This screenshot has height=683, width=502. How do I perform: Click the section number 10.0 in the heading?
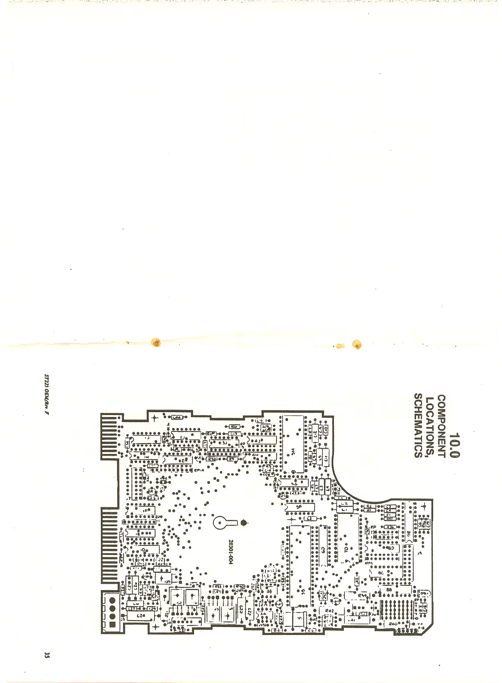[455, 446]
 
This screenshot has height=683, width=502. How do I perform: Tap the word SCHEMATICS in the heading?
[418, 425]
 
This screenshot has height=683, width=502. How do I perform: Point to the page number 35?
[47, 655]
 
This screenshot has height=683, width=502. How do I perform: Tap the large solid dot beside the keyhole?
[244, 523]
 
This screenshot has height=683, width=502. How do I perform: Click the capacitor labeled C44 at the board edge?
[177, 417]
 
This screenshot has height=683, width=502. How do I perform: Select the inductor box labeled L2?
[345, 503]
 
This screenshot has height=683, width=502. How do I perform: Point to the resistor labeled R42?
[329, 610]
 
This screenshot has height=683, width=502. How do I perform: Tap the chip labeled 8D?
[390, 548]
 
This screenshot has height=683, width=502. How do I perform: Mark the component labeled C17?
[233, 433]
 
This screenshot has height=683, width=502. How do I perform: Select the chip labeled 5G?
[294, 484]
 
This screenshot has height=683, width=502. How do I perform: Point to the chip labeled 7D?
[346, 548]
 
